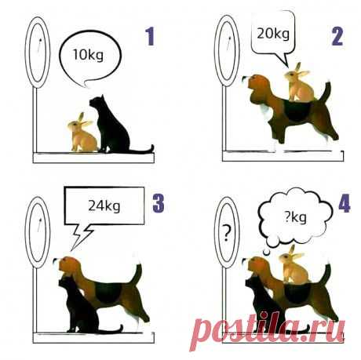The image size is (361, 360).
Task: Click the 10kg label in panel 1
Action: click(88, 56)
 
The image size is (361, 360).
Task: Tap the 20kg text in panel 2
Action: click(273, 34)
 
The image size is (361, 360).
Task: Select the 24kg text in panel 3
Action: click(104, 205)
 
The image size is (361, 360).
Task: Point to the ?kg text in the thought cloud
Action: click(296, 217)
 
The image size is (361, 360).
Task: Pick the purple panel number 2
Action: click(337, 36)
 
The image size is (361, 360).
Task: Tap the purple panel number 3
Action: click(159, 203)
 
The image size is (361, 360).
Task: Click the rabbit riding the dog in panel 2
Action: click(300, 83)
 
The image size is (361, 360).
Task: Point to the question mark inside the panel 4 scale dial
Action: click(227, 233)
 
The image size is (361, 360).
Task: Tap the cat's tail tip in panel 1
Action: click(152, 147)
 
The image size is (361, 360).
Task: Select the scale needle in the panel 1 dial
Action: click(39, 45)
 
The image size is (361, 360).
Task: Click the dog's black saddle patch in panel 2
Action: click(297, 111)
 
